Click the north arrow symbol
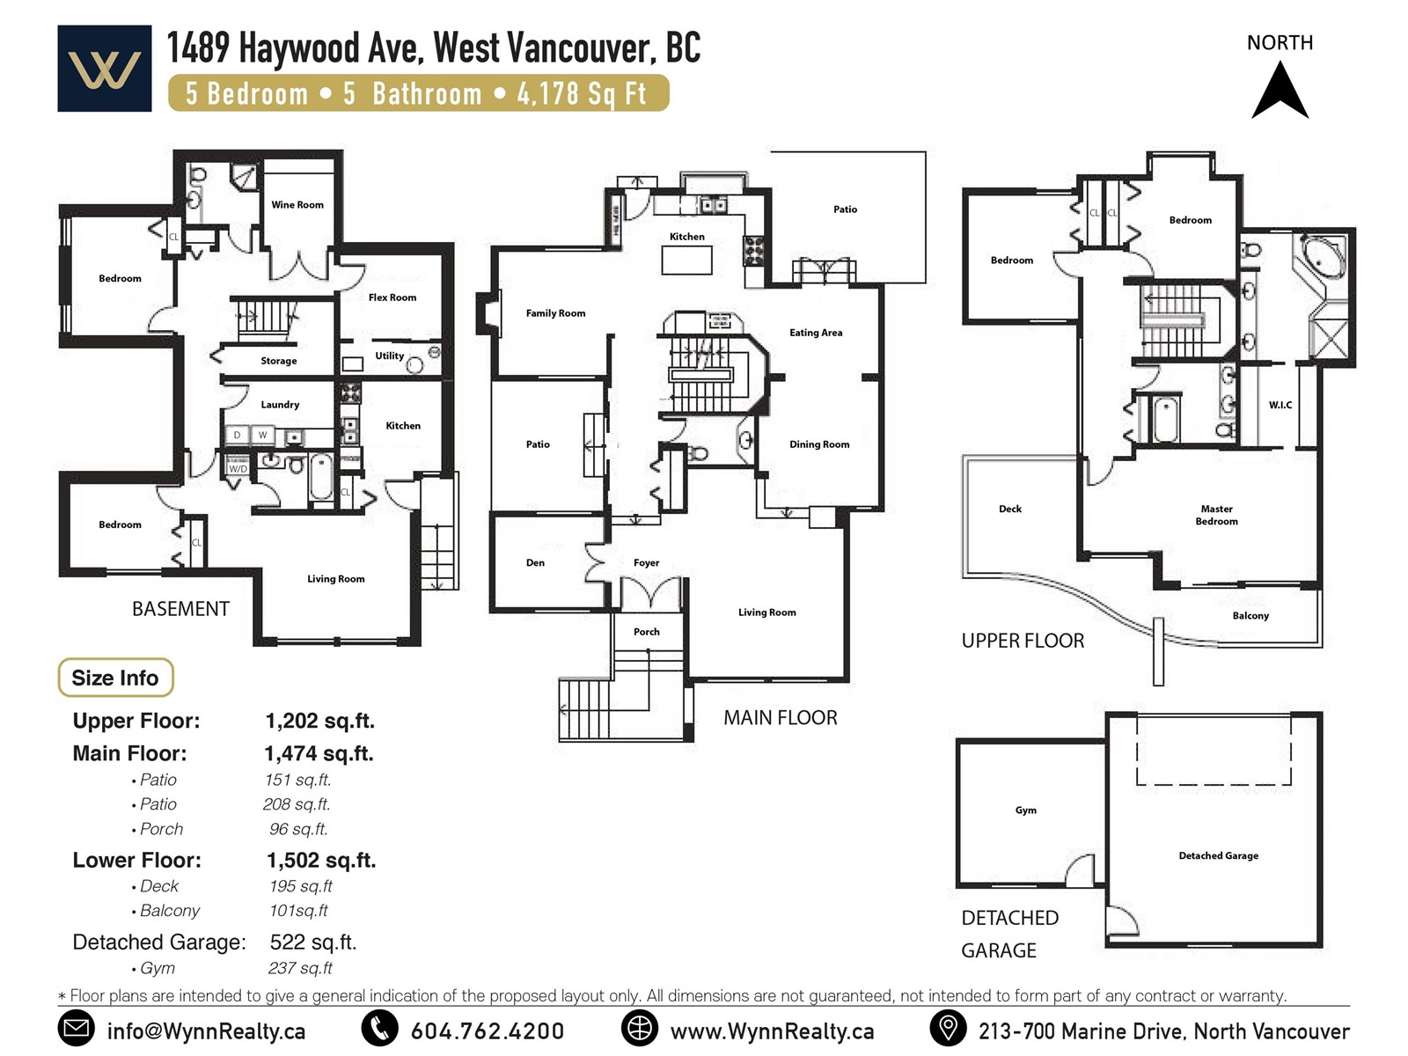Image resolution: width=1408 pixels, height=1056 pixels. coord(1279,91)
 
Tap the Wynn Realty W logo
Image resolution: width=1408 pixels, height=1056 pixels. coord(105,69)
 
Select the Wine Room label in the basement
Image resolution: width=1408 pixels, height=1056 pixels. coord(297,204)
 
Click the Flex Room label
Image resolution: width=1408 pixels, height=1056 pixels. coord(392,297)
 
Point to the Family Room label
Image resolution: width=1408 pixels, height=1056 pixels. coord(555,313)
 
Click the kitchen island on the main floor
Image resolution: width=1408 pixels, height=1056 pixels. coord(686,260)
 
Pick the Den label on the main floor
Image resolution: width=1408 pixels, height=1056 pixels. coord(535,562)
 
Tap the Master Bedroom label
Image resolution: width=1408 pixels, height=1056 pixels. coord(1216,515)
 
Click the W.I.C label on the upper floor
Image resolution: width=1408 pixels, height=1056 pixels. coord(1280,405)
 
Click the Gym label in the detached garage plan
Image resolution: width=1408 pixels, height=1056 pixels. coord(1026,810)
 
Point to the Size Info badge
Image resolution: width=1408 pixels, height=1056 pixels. coord(115,678)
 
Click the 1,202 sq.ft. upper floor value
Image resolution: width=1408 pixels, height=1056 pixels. coord(320,721)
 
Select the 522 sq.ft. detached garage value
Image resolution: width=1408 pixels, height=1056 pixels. coord(313,942)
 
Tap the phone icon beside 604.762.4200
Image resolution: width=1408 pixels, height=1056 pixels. coord(380,1028)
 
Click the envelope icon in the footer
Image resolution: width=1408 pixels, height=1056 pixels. coord(76,1028)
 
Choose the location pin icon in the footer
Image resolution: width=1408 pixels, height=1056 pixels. coord(948,1028)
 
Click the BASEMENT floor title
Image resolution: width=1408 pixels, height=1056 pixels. coord(181,608)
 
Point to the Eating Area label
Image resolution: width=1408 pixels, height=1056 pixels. coord(816,332)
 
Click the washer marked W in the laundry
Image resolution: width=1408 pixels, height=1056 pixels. coord(262,435)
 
